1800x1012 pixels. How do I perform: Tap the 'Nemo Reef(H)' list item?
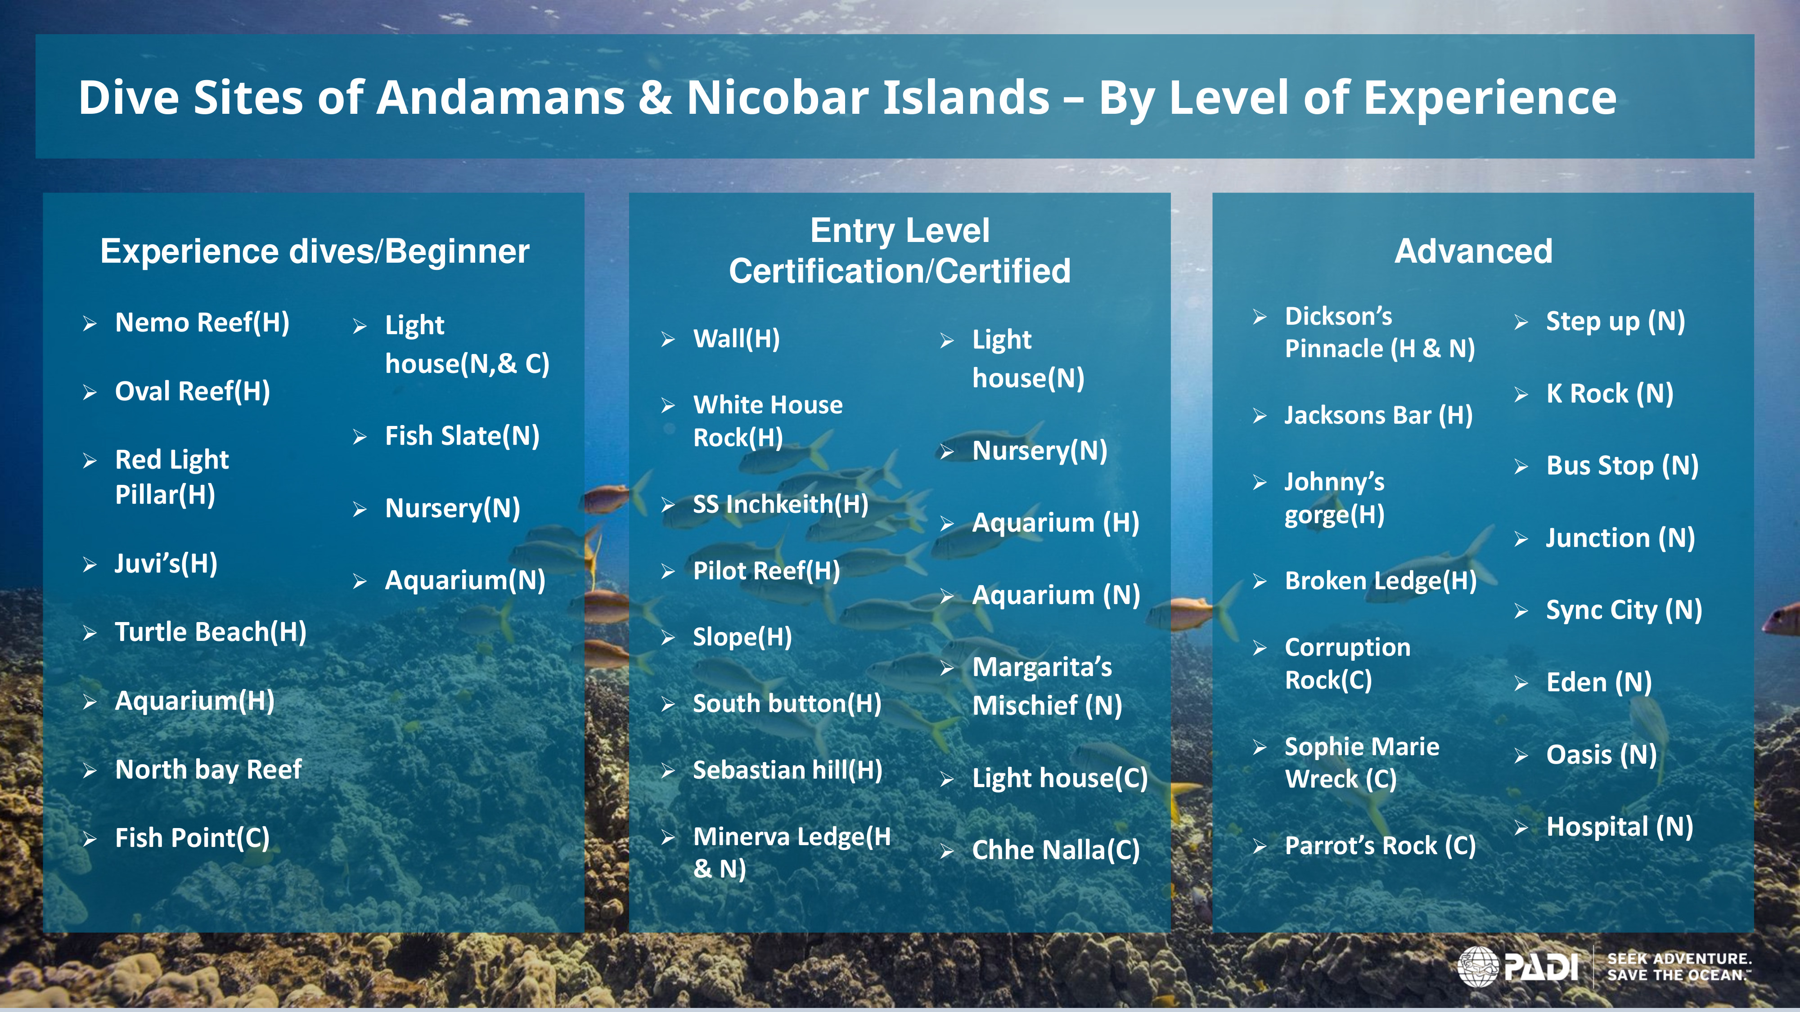pos(202,322)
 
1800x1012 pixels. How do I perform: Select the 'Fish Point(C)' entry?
pos(192,838)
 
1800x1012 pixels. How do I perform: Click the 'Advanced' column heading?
pos(1473,251)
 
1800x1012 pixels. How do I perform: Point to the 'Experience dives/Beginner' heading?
pos(315,251)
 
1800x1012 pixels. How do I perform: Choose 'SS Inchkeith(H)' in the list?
pos(780,504)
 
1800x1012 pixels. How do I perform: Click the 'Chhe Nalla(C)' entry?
pos(1056,850)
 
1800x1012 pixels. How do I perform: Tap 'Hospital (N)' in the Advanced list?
pos(1619,827)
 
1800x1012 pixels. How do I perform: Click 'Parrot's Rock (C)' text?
pos(1380,846)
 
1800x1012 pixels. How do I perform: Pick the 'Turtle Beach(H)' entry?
pos(210,632)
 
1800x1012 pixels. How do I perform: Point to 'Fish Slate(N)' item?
pos(462,436)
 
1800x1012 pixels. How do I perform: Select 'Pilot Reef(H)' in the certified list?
pos(766,571)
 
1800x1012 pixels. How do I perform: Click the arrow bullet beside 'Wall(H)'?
pos(668,340)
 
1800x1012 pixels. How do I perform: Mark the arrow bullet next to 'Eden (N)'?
pos(1521,684)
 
